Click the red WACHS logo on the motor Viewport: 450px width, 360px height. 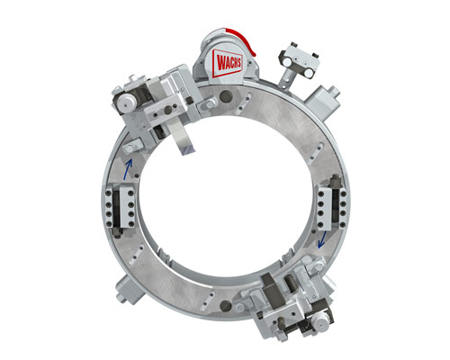[228, 63]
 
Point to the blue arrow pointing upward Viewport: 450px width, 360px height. [128, 169]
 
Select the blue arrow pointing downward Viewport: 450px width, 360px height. [322, 239]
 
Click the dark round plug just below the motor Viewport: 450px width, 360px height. [226, 96]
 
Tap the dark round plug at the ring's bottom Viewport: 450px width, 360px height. [226, 305]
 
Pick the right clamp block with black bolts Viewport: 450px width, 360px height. [332, 204]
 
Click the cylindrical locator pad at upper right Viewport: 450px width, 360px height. [322, 98]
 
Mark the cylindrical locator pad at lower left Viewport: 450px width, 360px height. [130, 290]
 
